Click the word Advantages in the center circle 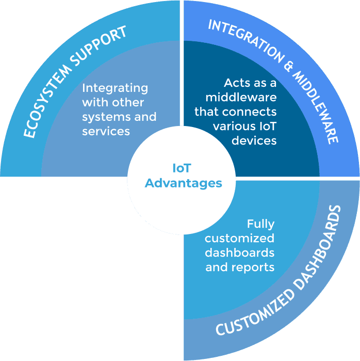(184, 183)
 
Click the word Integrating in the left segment (115, 88)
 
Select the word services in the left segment (106, 131)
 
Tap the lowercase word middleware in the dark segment (241, 97)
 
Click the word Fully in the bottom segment (260, 224)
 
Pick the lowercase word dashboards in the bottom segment (239, 253)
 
